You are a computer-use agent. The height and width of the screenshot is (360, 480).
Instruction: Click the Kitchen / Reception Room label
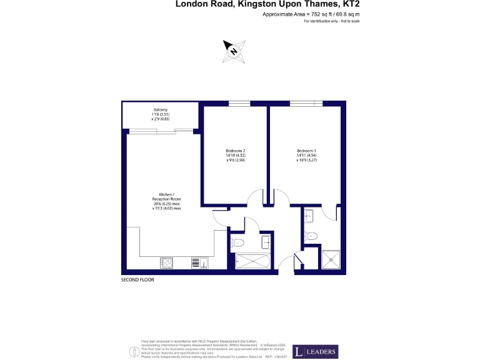[x=166, y=201]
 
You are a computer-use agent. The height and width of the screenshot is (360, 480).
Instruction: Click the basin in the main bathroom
[x=267, y=241]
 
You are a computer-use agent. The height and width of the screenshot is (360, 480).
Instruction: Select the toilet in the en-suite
[x=312, y=236]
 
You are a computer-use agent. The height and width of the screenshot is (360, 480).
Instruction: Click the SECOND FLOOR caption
[x=137, y=280]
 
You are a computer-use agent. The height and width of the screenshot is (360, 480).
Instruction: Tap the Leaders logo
[x=316, y=352]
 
